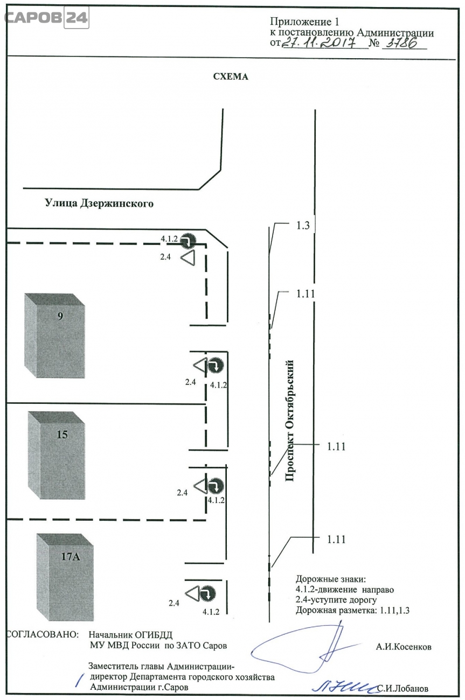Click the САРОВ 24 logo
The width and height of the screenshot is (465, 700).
(x=46, y=18)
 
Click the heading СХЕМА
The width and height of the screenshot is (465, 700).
(x=231, y=76)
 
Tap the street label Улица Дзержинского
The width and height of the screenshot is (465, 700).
(x=99, y=204)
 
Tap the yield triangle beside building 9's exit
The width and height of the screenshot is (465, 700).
(x=200, y=366)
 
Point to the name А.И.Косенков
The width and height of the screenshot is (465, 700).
(x=404, y=647)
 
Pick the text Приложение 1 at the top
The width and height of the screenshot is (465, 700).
(x=305, y=22)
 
